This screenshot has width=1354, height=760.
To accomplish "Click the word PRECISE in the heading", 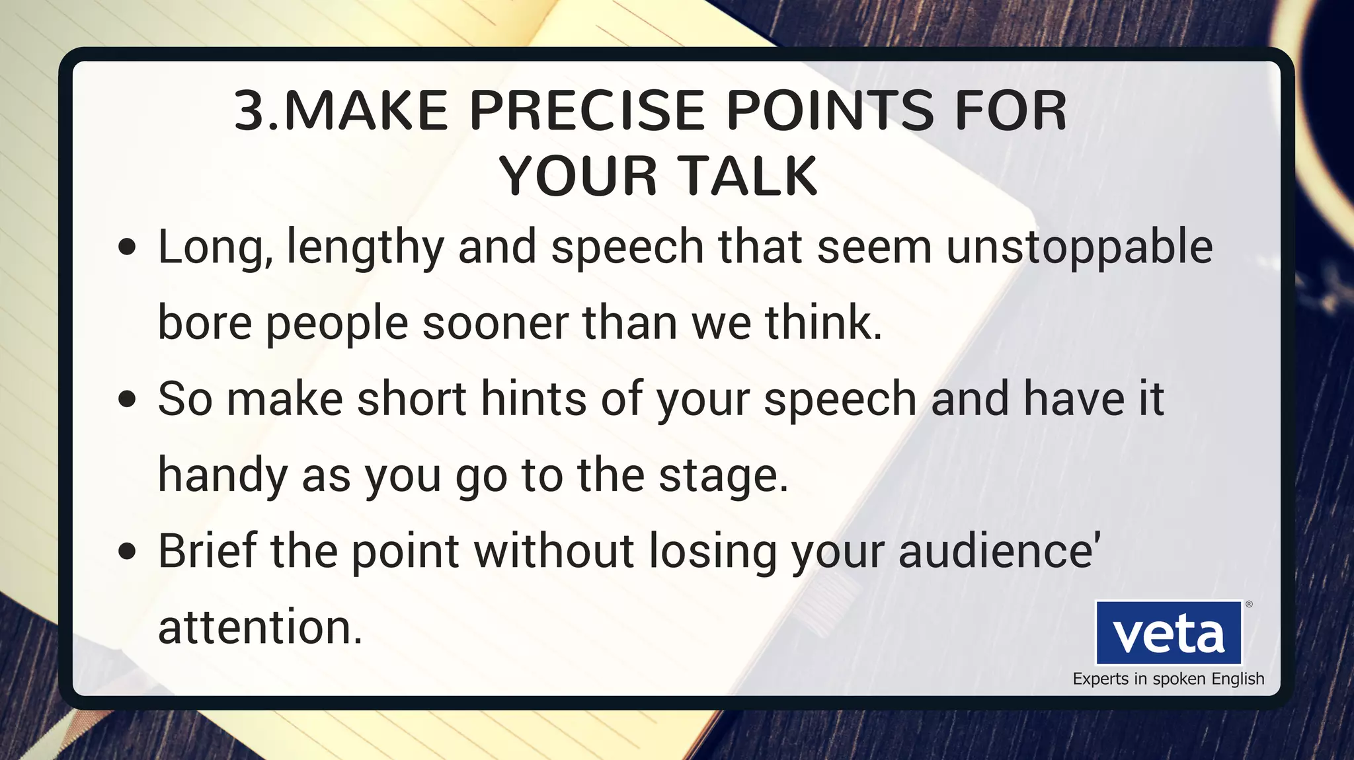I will click(587, 110).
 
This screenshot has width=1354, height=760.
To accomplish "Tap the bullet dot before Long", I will click(127, 248).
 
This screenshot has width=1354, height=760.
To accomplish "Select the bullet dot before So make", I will click(127, 400).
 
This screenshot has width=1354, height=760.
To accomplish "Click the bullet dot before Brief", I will click(127, 552).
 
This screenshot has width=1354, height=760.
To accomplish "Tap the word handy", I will click(222, 476).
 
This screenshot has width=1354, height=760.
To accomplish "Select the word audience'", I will click(999, 551).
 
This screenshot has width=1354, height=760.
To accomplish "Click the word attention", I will click(260, 628).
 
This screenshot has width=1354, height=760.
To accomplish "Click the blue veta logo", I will click(1168, 632).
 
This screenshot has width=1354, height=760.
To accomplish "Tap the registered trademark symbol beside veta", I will click(1249, 604).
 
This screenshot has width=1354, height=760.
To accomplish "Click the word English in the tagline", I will click(1238, 679).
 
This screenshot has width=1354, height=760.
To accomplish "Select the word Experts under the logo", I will click(1101, 679).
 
